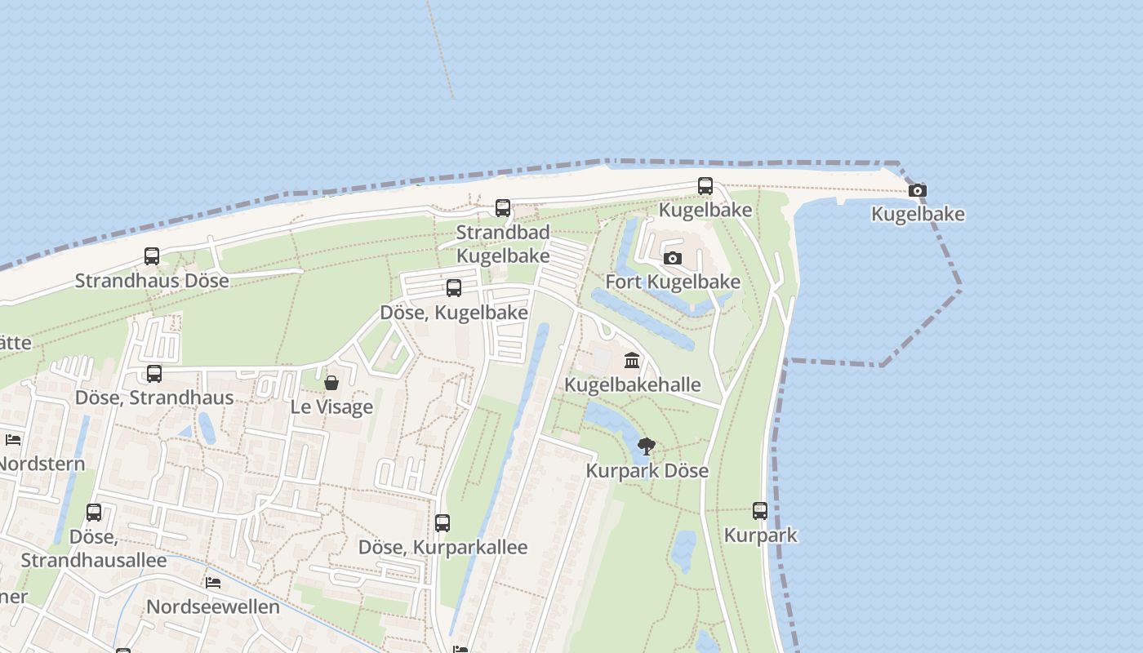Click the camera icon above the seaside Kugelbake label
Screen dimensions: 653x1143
tap(918, 191)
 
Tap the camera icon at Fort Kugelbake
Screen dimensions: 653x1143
tap(673, 259)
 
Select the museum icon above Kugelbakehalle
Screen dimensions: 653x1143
tap(632, 360)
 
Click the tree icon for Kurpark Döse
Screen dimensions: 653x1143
tap(646, 446)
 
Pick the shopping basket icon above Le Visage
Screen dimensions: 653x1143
tap(331, 383)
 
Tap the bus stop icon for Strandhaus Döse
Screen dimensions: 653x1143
tap(152, 256)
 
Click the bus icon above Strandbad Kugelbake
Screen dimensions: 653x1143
tap(503, 208)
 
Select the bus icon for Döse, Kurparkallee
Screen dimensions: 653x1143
tap(443, 523)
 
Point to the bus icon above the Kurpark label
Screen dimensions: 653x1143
tap(760, 512)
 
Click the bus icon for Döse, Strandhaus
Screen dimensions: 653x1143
tap(154, 374)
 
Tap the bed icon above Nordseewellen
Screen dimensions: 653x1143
tap(213, 584)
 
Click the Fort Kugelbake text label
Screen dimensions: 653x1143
tap(673, 282)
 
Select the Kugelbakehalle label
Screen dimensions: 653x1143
tap(633, 384)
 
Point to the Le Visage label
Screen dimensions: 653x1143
tap(331, 406)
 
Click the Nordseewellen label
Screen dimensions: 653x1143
tap(212, 607)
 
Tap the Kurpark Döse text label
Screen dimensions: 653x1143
tap(647, 471)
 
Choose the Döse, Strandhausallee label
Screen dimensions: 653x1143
tap(94, 549)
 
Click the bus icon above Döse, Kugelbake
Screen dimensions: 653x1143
tap(454, 288)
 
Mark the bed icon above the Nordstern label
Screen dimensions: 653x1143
tap(13, 440)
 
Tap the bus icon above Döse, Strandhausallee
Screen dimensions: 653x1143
tap(94, 513)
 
